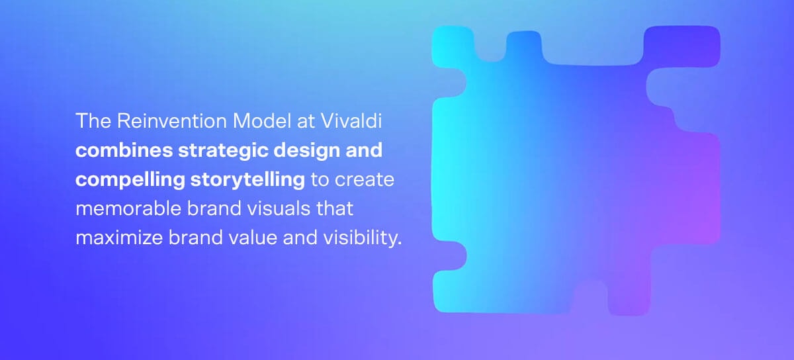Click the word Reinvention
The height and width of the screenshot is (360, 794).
172,121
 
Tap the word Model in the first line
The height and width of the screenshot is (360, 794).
261,121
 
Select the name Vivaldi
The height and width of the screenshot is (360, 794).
351,121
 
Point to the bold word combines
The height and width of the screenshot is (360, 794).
124,150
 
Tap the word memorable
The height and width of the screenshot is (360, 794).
128,208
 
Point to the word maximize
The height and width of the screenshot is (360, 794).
119,238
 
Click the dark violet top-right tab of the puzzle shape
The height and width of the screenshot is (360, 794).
682,46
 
